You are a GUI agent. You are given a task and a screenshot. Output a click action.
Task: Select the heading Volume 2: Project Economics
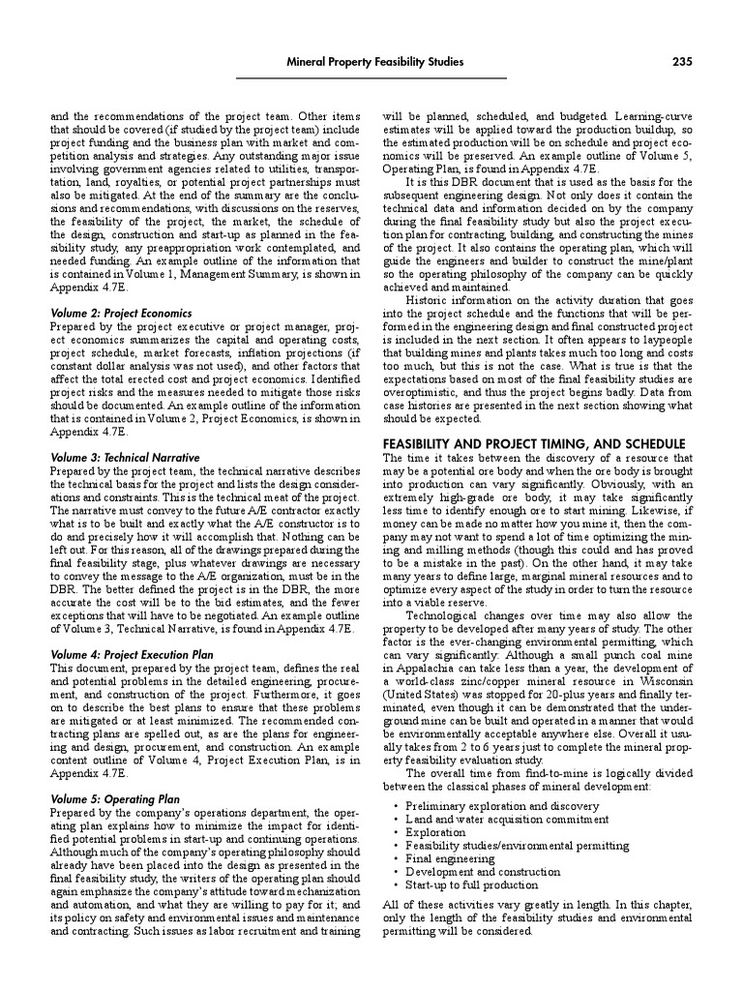click(x=121, y=314)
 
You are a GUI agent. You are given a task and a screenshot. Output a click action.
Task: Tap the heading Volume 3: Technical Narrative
click(x=125, y=457)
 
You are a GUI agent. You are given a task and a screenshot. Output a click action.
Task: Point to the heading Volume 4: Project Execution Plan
click(x=132, y=655)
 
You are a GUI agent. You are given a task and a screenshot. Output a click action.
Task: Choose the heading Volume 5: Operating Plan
click(x=115, y=799)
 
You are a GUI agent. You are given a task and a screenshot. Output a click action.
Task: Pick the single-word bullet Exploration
click(x=435, y=831)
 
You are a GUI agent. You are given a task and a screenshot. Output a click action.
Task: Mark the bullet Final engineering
click(x=451, y=857)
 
